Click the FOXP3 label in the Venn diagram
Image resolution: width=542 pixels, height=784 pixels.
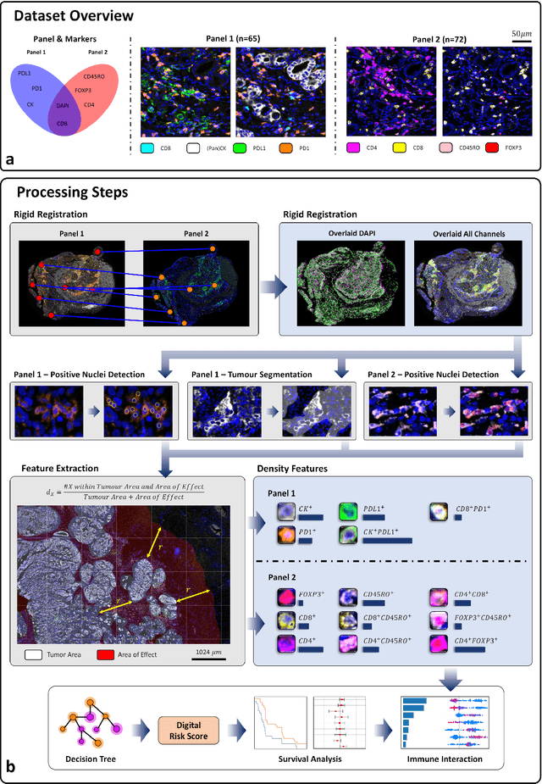click(83, 89)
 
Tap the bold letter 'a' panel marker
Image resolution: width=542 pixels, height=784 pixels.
click(10, 158)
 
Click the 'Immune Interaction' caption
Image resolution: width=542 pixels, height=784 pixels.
click(448, 759)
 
